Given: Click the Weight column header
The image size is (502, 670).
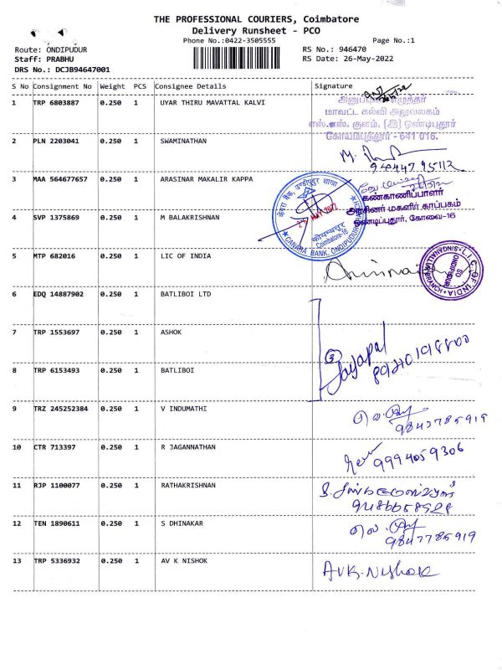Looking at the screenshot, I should (x=112, y=86).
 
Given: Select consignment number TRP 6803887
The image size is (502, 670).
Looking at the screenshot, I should (x=56, y=103).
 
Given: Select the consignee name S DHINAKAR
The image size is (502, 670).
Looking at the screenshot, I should (x=183, y=523).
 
